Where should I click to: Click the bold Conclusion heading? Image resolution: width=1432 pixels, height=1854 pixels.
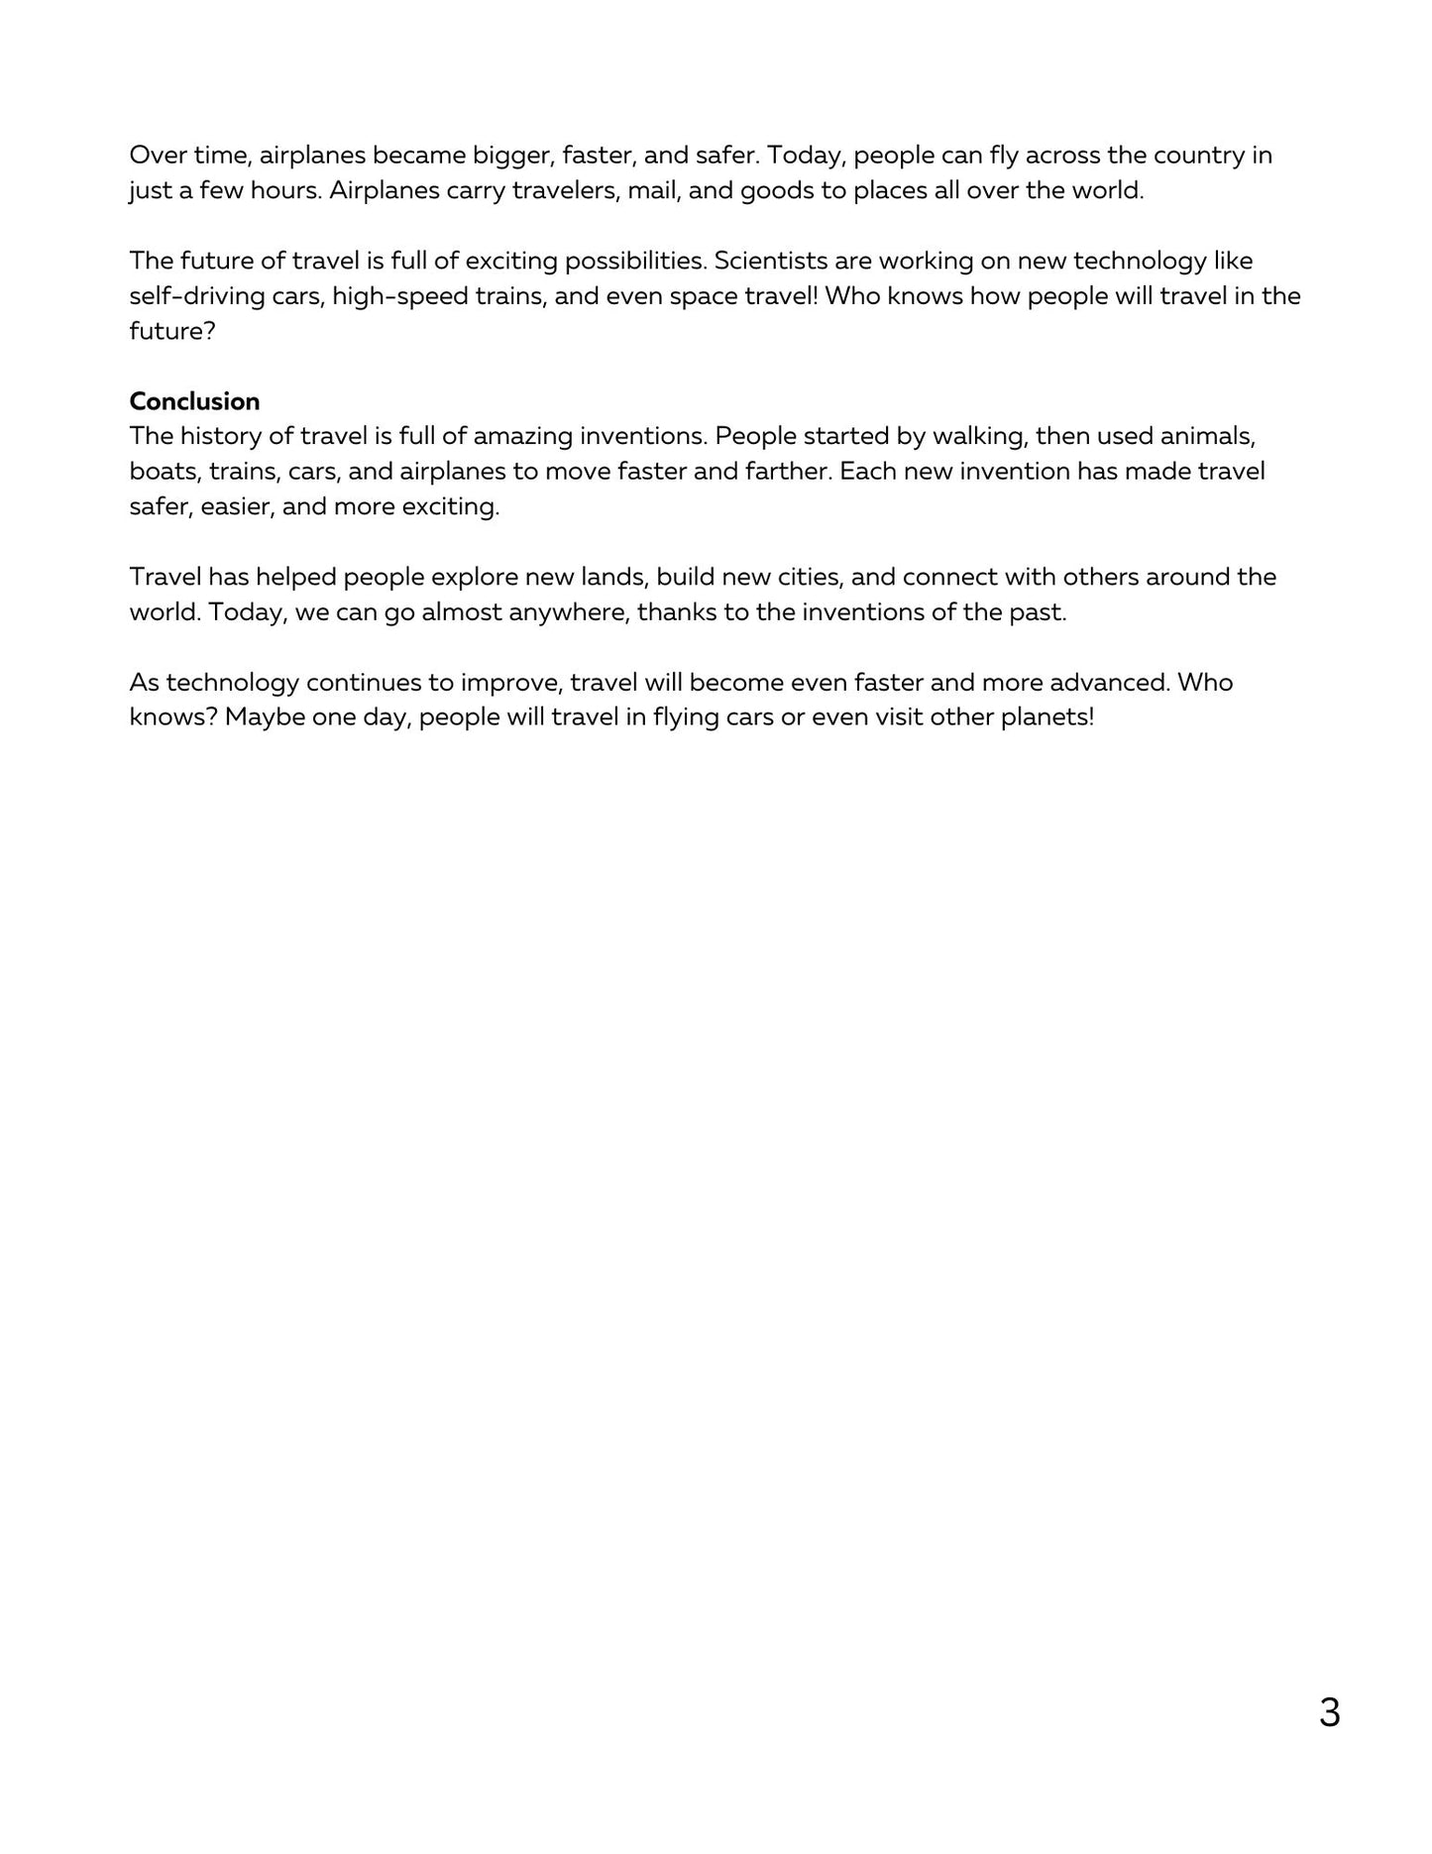pos(194,401)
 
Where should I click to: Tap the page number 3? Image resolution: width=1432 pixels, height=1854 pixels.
pos(1329,1712)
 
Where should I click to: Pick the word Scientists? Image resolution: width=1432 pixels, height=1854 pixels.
pos(765,261)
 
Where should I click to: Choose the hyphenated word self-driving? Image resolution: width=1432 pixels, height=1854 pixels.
pos(196,296)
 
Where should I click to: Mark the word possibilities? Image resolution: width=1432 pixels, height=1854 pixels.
pos(633,261)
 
